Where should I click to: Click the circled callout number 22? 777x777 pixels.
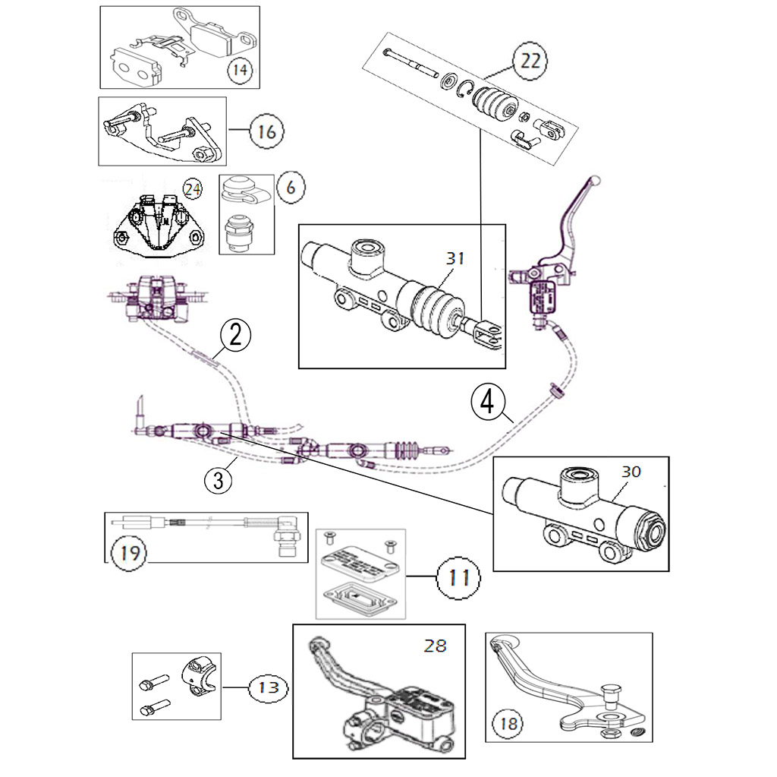(x=530, y=60)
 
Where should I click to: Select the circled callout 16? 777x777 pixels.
(x=266, y=131)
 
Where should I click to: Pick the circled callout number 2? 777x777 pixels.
(x=235, y=334)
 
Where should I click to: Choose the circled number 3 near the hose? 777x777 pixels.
(x=218, y=479)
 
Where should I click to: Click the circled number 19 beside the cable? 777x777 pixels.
(x=131, y=551)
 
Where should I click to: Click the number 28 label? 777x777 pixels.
(x=436, y=646)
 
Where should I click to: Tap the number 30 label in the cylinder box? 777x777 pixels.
(x=631, y=472)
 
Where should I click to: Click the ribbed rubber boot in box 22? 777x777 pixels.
(x=494, y=105)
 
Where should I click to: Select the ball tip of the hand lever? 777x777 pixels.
(x=596, y=181)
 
